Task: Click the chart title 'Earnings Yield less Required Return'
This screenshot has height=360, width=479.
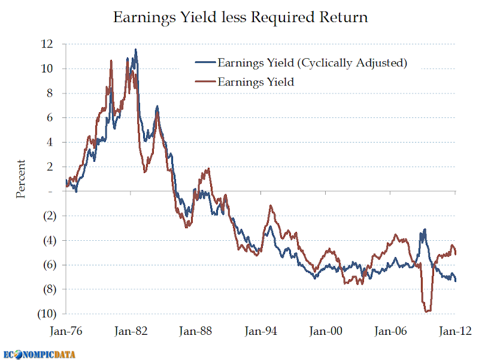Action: coord(240,17)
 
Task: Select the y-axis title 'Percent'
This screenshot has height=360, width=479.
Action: coord(21,179)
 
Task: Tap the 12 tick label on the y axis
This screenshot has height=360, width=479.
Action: coord(47,44)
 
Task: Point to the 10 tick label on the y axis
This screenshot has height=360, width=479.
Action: coord(47,68)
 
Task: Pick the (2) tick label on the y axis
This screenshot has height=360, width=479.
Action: coord(47,216)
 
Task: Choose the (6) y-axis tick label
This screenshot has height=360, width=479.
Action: coord(47,265)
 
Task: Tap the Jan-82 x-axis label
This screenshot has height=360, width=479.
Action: coord(131,331)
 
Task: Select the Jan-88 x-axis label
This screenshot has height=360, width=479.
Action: coord(196,331)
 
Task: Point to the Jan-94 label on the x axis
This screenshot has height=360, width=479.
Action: coord(261,331)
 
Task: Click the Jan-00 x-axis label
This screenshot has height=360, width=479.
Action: coord(326,331)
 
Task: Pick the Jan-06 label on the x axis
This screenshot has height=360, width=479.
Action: coord(390,331)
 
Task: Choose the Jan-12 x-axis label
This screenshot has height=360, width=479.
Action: coord(455,331)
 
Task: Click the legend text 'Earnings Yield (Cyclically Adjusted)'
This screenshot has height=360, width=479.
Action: coord(312,63)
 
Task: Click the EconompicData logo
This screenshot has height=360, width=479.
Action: coord(42,353)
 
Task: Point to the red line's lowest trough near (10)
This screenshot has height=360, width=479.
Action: coord(427,311)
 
